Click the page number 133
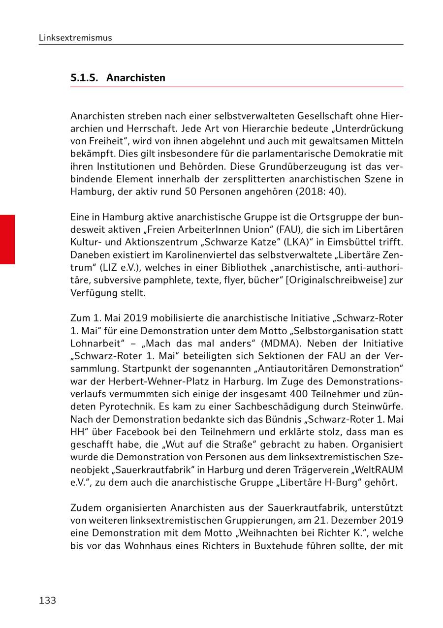tap(47, 600)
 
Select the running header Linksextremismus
tap(75, 38)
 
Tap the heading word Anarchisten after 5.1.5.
tap(136, 78)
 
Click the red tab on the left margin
tap(7, 239)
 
